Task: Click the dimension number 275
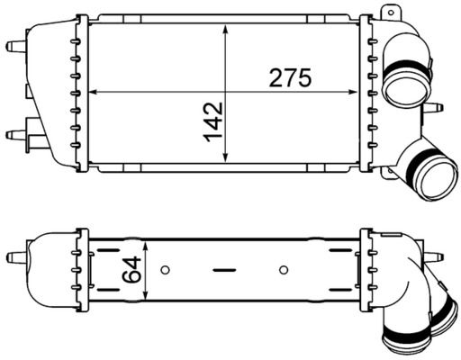pos(290,78)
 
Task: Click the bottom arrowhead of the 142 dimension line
pos(225,160)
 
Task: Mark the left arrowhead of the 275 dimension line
pos(96,92)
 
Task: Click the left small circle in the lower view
pos(164,269)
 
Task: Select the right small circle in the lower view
pos(284,269)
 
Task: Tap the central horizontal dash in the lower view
pos(224,269)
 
